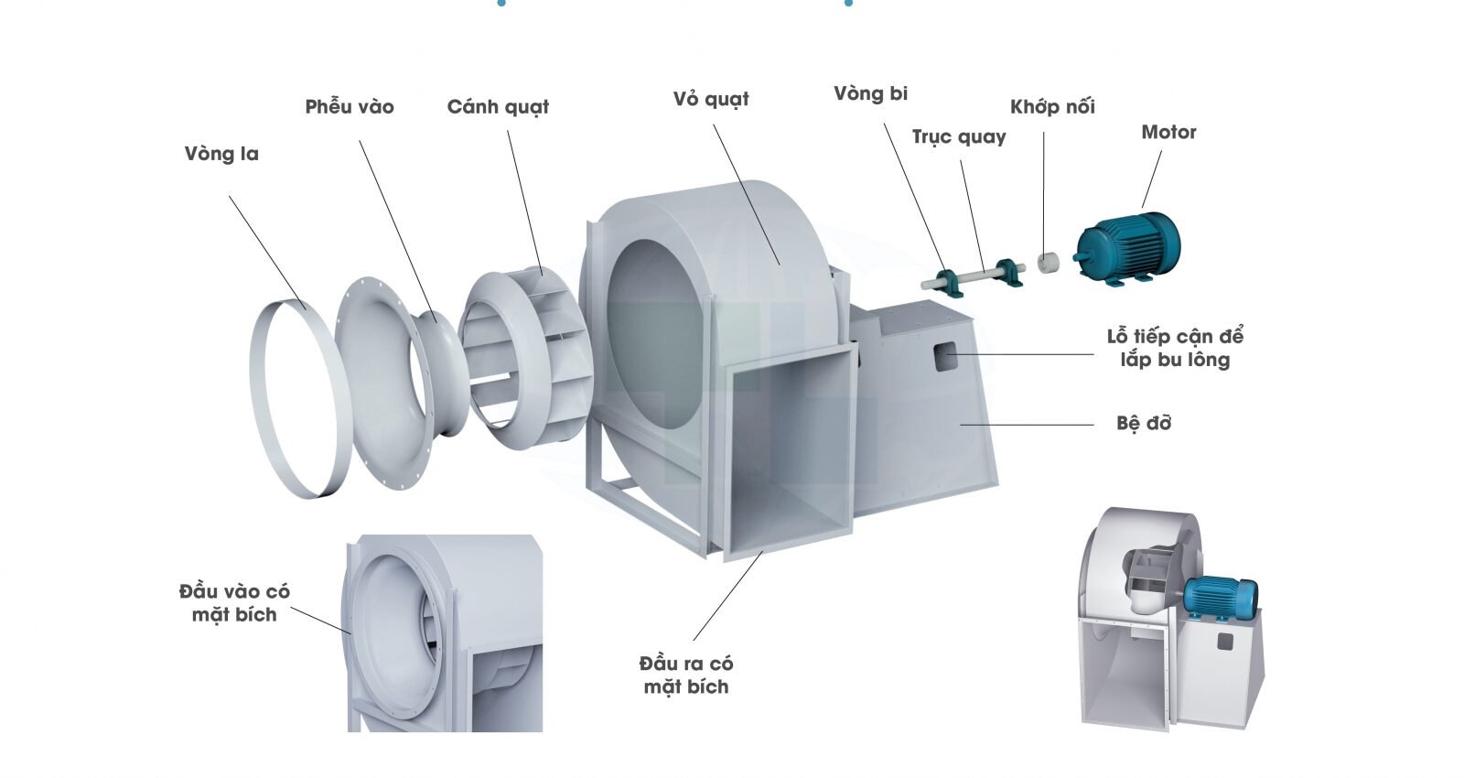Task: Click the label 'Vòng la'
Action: pyautogui.click(x=221, y=154)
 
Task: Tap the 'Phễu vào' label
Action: pyautogui.click(x=350, y=106)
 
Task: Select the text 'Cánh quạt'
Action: pyautogui.click(x=498, y=107)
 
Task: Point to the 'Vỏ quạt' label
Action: pyautogui.click(x=711, y=99)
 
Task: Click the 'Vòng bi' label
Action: pyautogui.click(x=870, y=93)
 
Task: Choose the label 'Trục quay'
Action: pyautogui.click(x=959, y=137)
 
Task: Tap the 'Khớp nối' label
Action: pyautogui.click(x=1052, y=106)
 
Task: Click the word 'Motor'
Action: pyautogui.click(x=1168, y=132)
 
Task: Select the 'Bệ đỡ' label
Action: pyautogui.click(x=1144, y=423)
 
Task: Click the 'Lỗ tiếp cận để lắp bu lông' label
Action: pyautogui.click(x=1175, y=348)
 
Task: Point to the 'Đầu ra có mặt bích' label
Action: pyautogui.click(x=686, y=675)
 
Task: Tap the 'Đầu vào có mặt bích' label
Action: pyautogui.click(x=234, y=602)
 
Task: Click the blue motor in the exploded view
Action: pyautogui.click(x=1128, y=247)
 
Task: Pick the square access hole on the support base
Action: pyautogui.click(x=944, y=356)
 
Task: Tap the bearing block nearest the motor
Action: pyautogui.click(x=1007, y=271)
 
